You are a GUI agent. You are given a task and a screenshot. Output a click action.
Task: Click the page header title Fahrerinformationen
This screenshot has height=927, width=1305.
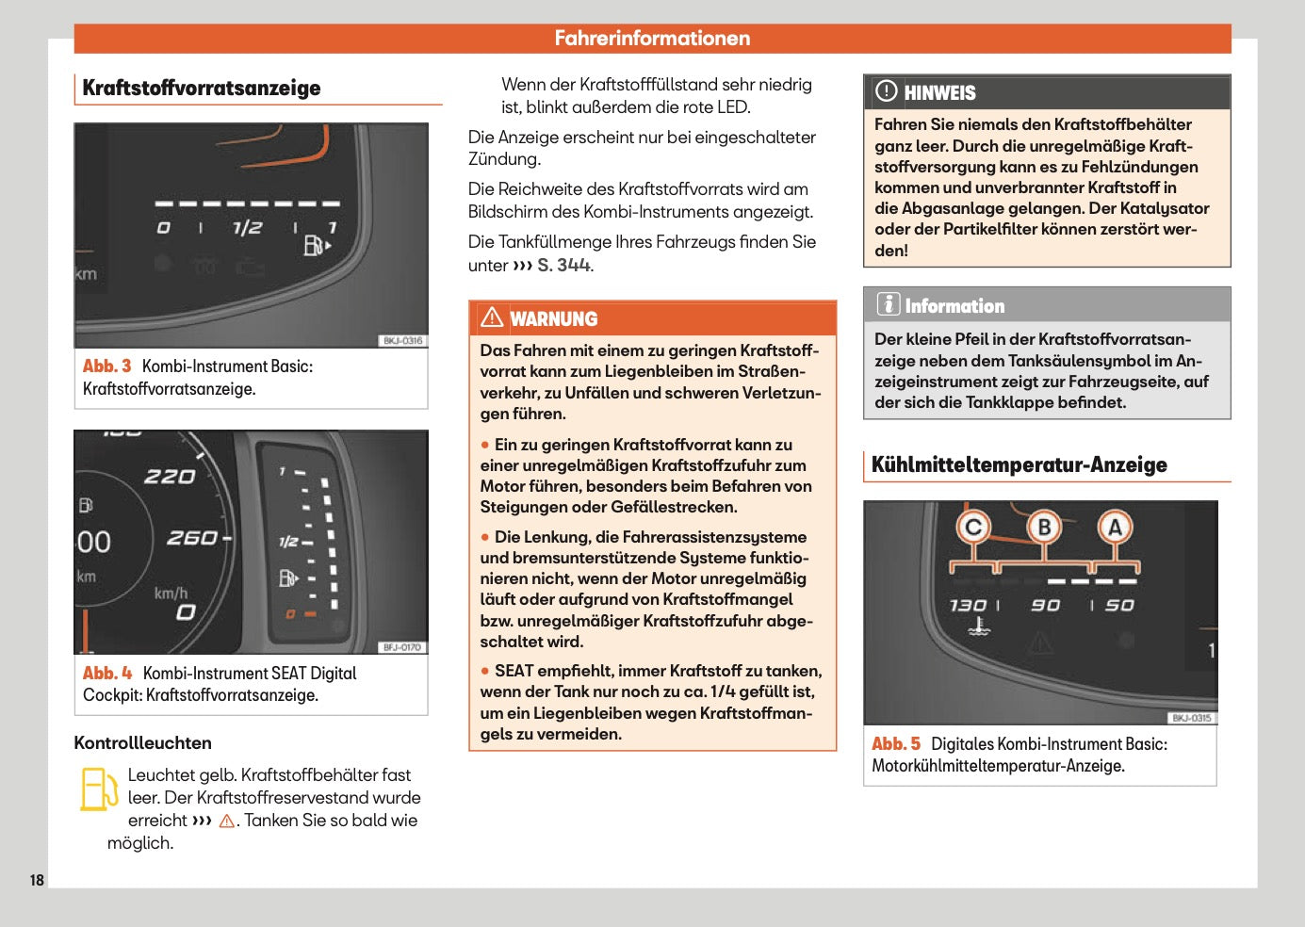(652, 39)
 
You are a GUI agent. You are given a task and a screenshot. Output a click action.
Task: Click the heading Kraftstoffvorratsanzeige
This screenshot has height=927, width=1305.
(202, 89)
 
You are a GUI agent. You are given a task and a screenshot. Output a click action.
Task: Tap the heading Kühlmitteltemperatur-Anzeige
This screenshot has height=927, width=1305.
(1019, 464)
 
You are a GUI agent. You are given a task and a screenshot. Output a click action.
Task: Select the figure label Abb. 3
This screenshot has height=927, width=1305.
(106, 366)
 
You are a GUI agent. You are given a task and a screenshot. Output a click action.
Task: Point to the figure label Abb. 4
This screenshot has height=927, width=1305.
(107, 673)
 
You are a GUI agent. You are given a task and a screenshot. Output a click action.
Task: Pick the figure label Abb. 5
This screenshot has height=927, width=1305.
(896, 744)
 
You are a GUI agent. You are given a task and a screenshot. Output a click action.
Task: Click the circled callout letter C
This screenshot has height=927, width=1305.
(973, 527)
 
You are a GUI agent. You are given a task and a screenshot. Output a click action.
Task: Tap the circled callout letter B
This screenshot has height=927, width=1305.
(1044, 527)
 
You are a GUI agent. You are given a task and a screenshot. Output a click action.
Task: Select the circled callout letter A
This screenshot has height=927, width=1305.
(1115, 527)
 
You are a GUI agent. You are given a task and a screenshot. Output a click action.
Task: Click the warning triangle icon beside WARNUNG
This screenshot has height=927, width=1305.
(492, 317)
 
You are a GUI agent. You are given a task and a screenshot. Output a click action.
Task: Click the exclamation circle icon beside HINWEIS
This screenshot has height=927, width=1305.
(887, 91)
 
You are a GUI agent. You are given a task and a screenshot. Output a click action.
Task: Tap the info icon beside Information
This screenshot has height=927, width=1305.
(888, 304)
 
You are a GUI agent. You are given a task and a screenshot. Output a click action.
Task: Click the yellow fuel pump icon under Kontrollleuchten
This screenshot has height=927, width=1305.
(97, 789)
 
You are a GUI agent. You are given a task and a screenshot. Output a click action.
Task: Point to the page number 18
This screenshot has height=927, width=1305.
(37, 880)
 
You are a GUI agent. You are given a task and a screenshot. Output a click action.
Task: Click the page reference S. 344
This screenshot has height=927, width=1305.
(564, 266)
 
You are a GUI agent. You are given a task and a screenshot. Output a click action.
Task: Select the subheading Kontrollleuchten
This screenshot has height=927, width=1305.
(142, 742)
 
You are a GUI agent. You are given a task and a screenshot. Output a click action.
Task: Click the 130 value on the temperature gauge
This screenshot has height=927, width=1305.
(968, 605)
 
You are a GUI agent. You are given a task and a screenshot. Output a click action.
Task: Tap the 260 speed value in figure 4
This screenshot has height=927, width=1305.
(192, 538)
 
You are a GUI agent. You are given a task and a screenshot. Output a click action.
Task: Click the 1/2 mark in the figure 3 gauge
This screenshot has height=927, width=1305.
(247, 228)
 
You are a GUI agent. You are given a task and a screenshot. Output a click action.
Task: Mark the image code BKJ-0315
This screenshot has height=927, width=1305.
(1192, 718)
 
